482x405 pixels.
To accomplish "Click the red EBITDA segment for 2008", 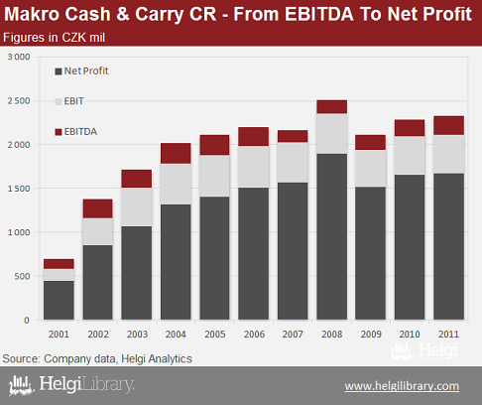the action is [x=332, y=107].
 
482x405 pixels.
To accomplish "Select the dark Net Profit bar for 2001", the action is [x=59, y=301].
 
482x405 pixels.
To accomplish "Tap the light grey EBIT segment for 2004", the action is [x=176, y=184].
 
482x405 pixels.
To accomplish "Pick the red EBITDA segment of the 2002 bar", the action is [x=97, y=208].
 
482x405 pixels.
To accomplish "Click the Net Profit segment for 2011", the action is [x=448, y=247].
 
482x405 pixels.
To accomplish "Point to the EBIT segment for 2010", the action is [x=410, y=156].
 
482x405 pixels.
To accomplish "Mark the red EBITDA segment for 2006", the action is [x=254, y=137].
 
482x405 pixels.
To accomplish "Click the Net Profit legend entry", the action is [x=81, y=70].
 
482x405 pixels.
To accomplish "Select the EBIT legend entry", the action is [x=69, y=101].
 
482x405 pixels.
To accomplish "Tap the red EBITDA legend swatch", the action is [x=59, y=132].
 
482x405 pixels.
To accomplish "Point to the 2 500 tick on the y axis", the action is [x=19, y=100].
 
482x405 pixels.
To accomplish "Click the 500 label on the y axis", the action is [x=22, y=276].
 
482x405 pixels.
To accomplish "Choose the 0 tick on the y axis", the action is [x=27, y=321].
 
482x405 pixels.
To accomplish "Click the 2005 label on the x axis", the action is [x=215, y=335].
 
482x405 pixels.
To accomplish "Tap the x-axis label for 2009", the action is [x=371, y=335].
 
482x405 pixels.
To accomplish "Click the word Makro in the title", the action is [x=32, y=14].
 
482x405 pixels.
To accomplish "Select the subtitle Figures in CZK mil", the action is [x=54, y=38].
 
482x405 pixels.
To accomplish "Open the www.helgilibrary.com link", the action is [x=402, y=386].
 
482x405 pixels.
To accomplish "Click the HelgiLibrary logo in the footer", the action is [x=71, y=385].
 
